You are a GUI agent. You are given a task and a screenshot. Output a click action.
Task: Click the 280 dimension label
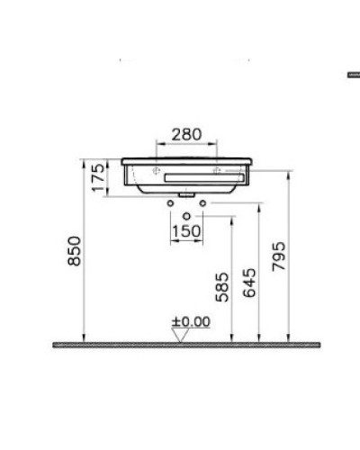coord(187,135)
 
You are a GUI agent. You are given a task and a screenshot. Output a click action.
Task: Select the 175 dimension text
coord(98,177)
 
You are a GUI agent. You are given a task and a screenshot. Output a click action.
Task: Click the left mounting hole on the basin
coord(156,168)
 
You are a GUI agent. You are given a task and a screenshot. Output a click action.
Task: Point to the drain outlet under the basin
coord(186,194)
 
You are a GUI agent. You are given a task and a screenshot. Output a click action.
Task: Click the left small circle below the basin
coord(171,203)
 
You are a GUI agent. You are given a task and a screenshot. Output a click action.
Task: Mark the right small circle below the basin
coord(202,203)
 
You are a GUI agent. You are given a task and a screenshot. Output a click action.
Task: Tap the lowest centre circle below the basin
coord(186,217)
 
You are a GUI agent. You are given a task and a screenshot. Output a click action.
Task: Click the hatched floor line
coord(187,345)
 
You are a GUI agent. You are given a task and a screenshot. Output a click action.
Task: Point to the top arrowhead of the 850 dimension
coord(86,165)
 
